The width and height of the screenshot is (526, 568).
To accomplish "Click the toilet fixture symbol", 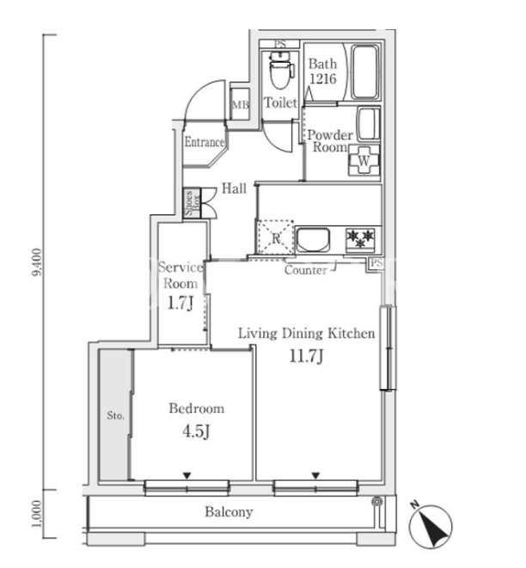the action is pos(281,70).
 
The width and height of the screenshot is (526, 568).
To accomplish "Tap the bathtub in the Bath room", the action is pos(365,71).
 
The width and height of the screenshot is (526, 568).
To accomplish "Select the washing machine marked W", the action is pos(364,160).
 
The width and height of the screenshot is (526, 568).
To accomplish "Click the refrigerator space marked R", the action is pos(275,238).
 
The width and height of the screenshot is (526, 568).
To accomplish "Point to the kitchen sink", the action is pos(313,239).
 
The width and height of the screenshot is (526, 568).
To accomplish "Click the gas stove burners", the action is pos(360,239).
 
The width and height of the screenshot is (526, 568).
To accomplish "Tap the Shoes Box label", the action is pos(192,203).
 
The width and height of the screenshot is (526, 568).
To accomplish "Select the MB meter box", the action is pos(240,104).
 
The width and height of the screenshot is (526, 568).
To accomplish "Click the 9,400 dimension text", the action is pos(37,262).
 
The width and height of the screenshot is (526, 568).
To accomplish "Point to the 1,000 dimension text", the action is pos(37,514).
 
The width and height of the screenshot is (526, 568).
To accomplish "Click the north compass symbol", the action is pos(431,526).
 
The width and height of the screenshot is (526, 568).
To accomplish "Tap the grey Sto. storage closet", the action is pos(115,415).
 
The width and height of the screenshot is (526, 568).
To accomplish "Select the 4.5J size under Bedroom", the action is pos(196,431).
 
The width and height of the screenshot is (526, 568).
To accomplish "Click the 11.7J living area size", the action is pos(306,356).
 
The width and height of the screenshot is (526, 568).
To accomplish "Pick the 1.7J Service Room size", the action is pos(180,303).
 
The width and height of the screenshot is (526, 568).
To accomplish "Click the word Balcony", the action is pos(229,512).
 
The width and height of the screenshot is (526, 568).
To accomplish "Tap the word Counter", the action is pos(306,270).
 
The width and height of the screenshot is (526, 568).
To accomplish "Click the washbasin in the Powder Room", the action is pos(369,123).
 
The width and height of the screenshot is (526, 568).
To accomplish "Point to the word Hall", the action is pos(234,188).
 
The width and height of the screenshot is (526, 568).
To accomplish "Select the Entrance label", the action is pos(205,142).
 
